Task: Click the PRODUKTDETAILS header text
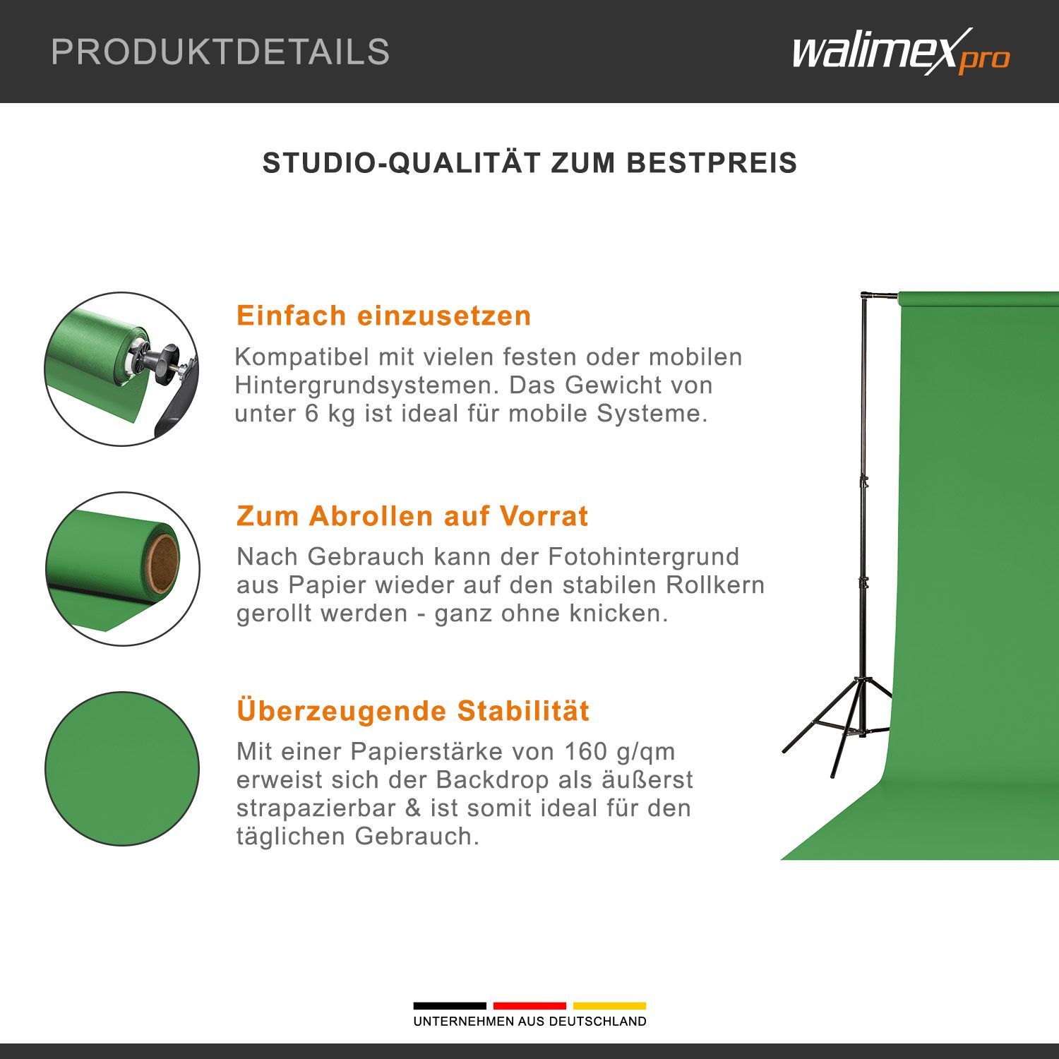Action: point(220,52)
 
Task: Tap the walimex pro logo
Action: point(901,52)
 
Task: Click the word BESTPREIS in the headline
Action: point(712,163)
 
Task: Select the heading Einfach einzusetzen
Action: point(383,316)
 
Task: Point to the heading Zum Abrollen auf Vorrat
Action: point(412,516)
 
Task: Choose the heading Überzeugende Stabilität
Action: point(413,710)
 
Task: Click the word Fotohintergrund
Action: point(643,556)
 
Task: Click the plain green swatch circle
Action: point(122,769)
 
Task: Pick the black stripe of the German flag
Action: point(450,1005)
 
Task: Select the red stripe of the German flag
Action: point(529,1005)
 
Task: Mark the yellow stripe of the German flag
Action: point(609,1005)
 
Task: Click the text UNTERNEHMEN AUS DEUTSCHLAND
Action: point(529,1022)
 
